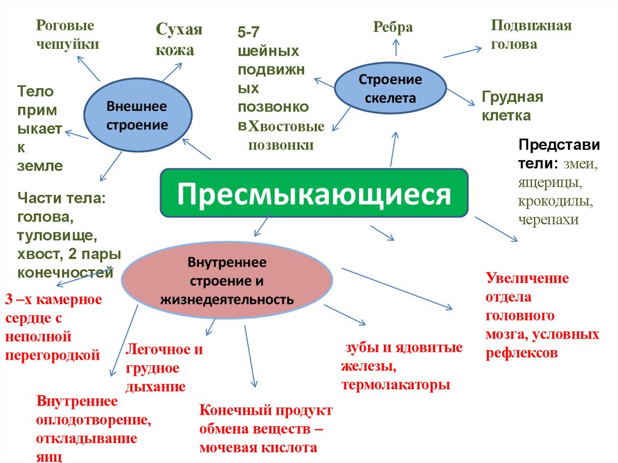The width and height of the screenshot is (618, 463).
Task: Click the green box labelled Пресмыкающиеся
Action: click(314, 193)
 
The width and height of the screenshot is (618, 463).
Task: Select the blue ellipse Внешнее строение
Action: click(137, 115)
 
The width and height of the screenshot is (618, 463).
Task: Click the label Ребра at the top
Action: click(393, 27)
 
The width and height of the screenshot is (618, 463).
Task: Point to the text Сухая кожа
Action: click(179, 40)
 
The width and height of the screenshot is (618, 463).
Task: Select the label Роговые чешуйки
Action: click(67, 34)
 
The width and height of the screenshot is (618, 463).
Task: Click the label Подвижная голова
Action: click(530, 34)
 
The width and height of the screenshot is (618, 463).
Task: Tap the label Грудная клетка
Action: click(512, 106)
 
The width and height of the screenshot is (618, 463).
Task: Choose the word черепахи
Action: click(548, 219)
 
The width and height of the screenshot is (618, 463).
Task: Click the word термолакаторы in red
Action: click(395, 385)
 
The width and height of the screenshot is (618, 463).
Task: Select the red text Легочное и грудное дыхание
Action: click(164, 368)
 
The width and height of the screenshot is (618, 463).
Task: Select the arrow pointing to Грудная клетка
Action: click(462, 97)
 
